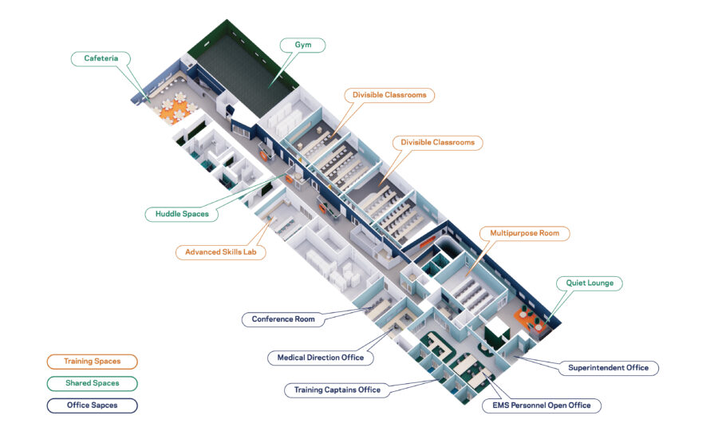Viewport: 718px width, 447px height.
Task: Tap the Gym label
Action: coord(302,45)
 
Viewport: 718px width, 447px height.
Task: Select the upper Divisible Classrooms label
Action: coord(390,95)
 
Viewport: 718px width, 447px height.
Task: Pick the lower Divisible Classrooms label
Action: coord(437,143)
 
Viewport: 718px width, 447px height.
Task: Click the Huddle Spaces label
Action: coord(182,214)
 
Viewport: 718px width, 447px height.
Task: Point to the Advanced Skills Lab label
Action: coord(220,252)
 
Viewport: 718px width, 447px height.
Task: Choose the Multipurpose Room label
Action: coord(524,234)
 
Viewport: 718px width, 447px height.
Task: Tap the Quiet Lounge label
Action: coord(590,283)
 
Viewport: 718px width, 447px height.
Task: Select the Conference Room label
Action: coord(283,319)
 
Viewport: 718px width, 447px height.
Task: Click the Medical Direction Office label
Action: coord(320,358)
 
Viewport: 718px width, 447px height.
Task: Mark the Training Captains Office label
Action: coord(338,390)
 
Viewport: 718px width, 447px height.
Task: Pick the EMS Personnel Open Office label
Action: coord(542,405)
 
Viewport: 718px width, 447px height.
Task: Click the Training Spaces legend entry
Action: coord(92,362)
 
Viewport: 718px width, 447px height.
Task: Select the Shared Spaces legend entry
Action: coord(92,383)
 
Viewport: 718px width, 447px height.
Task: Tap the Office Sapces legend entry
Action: coord(92,405)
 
